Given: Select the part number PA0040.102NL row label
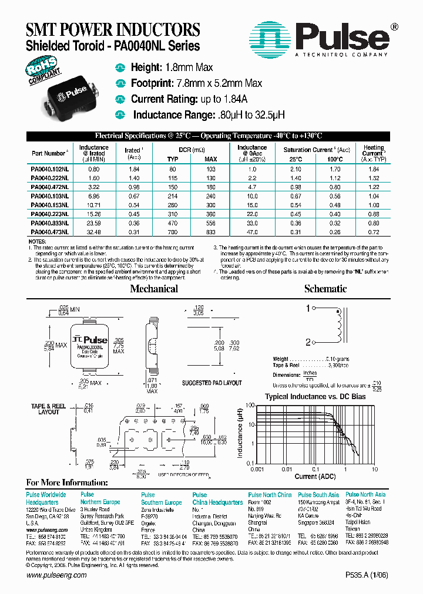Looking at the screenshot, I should [49, 168].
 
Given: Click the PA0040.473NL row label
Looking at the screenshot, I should [49, 232].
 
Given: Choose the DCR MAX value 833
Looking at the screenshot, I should [210, 232].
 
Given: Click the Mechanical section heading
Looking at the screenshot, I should [154, 289].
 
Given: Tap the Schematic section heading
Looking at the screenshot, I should [325, 289].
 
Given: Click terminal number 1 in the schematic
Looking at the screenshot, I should [307, 308].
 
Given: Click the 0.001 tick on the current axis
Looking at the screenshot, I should [256, 469].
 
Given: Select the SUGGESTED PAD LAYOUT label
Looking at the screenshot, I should [212, 383].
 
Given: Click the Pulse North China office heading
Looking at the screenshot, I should [270, 495].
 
